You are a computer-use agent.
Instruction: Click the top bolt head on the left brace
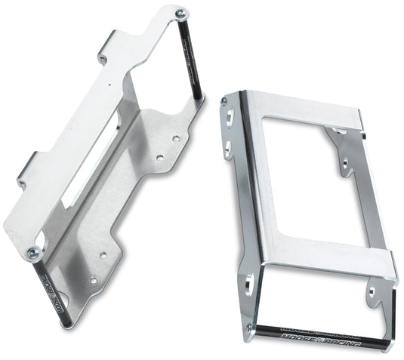click(179, 13)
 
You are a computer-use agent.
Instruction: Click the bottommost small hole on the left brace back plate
click(94, 281)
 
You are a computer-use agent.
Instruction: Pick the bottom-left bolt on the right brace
click(250, 328)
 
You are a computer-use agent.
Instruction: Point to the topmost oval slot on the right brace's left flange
click(227, 117)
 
